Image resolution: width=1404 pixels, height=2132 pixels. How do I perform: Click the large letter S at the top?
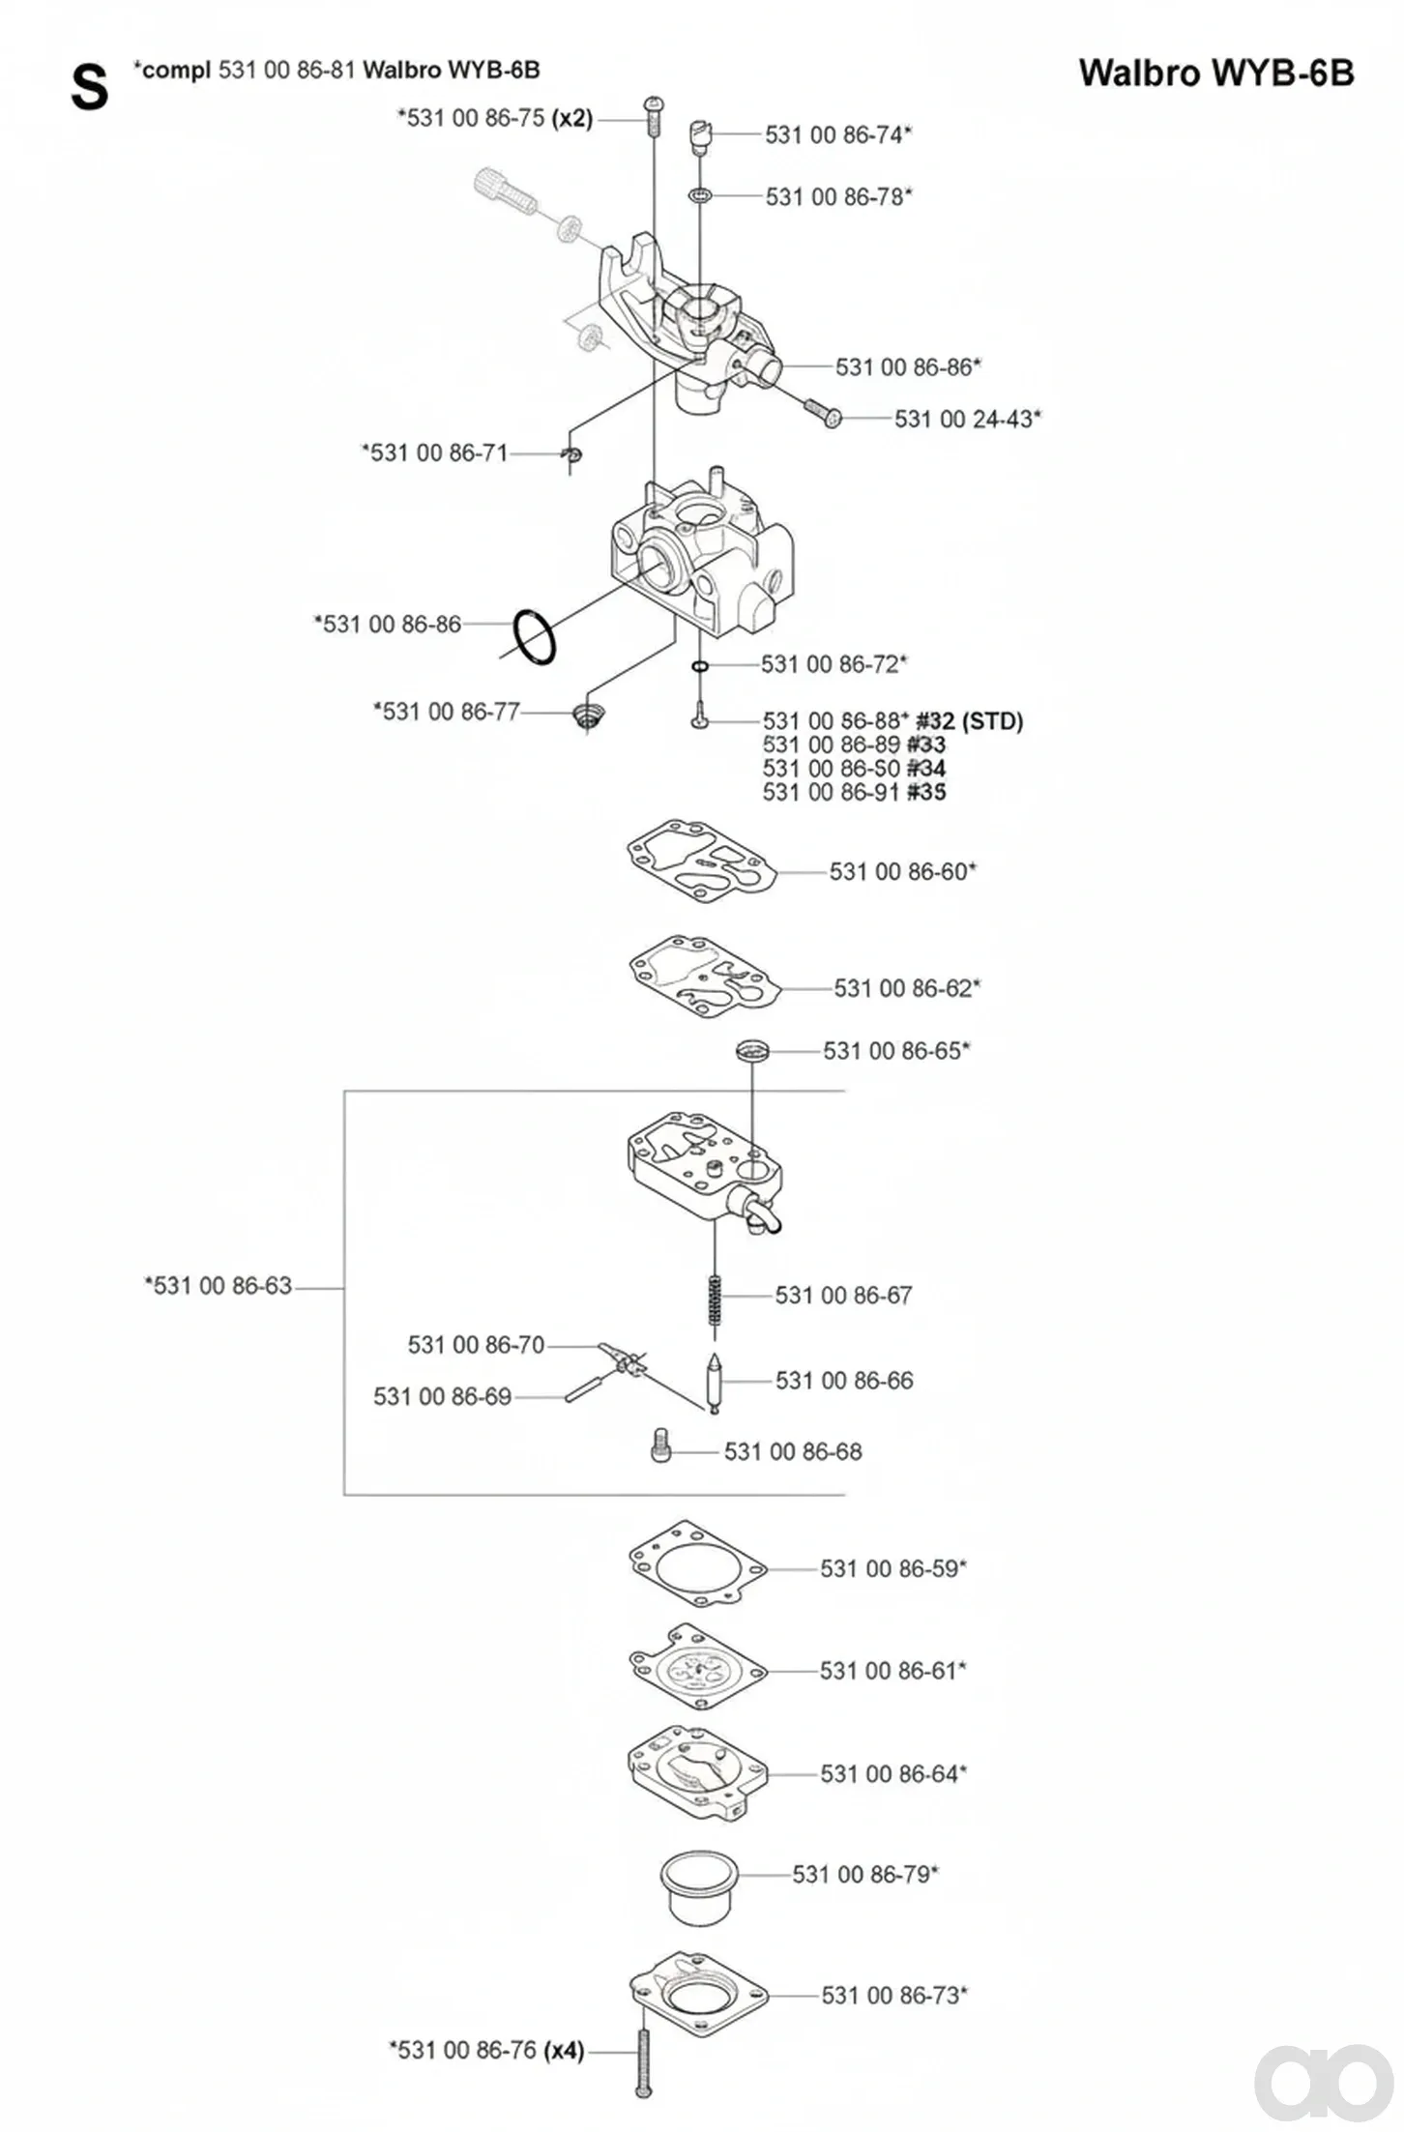click(89, 88)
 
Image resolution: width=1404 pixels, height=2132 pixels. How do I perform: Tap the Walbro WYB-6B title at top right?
click(1215, 73)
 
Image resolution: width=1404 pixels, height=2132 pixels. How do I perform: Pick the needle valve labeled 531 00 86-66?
click(715, 1382)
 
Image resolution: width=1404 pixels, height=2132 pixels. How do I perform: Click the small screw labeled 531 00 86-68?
click(661, 1446)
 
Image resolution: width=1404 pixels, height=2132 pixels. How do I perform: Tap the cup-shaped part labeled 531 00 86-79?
click(699, 1889)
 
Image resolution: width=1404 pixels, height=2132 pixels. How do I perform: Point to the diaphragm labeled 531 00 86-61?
click(698, 1667)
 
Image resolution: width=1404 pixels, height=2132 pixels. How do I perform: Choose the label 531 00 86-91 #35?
click(854, 792)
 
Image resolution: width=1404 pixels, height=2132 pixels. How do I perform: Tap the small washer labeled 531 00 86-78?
click(700, 196)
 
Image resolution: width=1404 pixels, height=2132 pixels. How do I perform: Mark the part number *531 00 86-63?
click(218, 1285)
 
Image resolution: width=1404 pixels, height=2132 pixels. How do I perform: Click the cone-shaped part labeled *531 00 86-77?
click(588, 717)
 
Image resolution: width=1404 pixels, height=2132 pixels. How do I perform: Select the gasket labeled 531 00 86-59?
click(698, 1564)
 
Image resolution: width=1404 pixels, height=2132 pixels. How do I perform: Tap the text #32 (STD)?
click(969, 721)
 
